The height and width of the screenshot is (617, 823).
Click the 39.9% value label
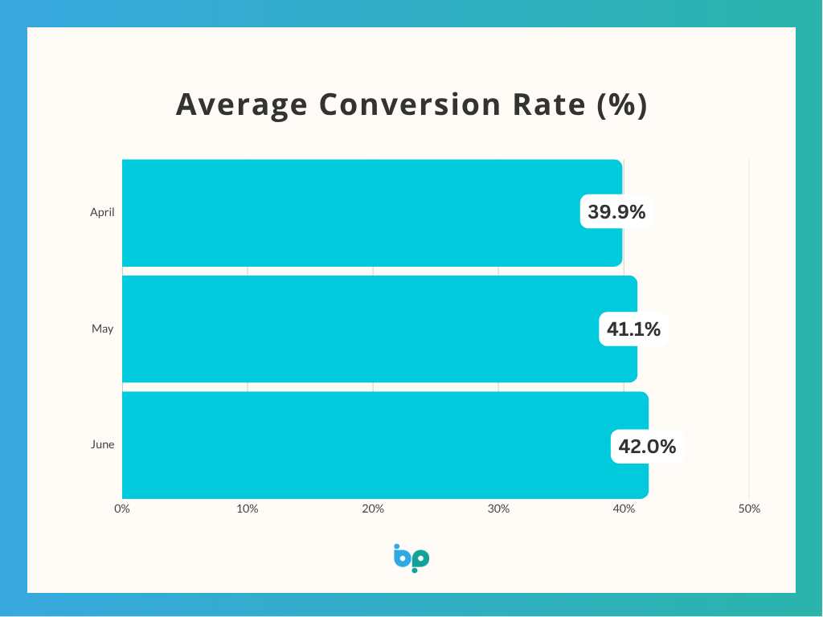point(616,213)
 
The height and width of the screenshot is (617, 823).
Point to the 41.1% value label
point(635,329)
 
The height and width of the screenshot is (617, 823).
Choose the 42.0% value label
point(647,445)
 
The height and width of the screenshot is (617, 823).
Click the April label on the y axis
point(102,213)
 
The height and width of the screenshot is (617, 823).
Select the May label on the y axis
point(102,329)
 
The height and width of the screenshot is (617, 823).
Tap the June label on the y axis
point(102,445)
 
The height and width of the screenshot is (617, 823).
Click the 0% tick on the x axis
point(122,509)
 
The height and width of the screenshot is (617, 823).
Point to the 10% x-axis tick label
point(248,509)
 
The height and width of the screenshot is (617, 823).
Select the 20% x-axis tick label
point(373,509)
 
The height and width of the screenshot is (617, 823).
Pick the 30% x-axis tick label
point(498,509)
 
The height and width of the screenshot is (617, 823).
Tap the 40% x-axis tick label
point(624,509)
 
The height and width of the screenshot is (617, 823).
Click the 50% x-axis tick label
point(749,509)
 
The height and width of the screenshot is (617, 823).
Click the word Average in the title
point(241,105)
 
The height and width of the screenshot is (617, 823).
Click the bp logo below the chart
point(411,558)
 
